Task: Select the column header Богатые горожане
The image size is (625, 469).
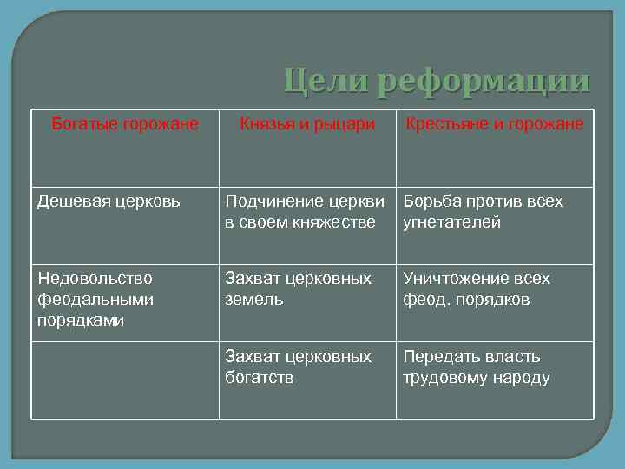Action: (x=125, y=124)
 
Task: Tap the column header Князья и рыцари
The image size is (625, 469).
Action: (x=307, y=124)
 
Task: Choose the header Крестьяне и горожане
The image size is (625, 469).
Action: (x=494, y=124)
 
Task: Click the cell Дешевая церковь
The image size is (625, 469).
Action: (x=109, y=201)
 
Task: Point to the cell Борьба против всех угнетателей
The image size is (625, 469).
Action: (x=483, y=211)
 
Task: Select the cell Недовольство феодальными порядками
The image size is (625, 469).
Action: (x=95, y=299)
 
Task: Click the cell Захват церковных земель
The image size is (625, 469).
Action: (x=298, y=288)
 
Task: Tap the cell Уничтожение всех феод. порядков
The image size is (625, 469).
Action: (x=477, y=288)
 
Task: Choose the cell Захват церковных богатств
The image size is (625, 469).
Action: (x=298, y=367)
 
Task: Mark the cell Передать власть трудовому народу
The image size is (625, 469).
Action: (x=477, y=367)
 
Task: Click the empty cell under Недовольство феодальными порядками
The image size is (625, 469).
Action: (x=125, y=380)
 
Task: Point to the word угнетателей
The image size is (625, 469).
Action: (x=452, y=222)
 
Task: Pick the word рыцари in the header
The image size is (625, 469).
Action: (x=345, y=125)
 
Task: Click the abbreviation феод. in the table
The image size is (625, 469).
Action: (x=424, y=300)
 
